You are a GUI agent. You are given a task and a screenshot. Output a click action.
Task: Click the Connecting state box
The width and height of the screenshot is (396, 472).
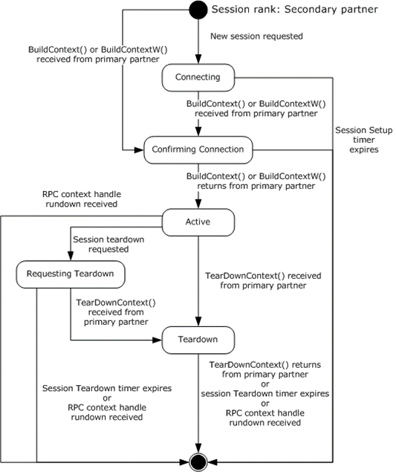coord(197,77)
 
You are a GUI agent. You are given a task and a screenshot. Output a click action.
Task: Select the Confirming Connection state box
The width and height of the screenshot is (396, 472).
coord(197,149)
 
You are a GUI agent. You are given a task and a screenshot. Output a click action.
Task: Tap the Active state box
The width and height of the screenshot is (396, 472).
coord(197,221)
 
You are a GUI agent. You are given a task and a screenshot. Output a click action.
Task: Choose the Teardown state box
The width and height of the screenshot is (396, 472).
coord(197,340)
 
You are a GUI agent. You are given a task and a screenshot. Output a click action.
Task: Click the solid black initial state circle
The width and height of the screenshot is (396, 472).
coord(198,11)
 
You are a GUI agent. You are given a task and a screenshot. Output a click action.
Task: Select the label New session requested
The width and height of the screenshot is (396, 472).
coord(256,36)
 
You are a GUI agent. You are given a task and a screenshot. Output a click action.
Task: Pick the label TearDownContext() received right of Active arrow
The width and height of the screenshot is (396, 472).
coord(262,281)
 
